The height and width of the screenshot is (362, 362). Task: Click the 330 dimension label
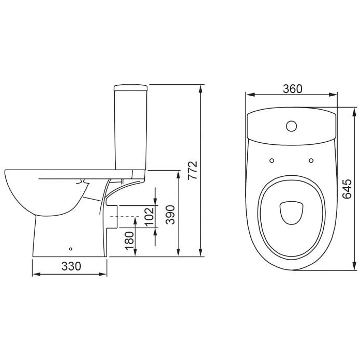(x=71, y=266)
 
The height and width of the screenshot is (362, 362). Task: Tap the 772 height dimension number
(x=192, y=170)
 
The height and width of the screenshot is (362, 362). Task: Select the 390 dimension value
(x=171, y=215)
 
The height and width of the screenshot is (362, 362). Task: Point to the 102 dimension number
(x=149, y=216)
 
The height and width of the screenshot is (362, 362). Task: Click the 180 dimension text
(x=129, y=241)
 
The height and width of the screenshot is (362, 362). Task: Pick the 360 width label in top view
(x=293, y=89)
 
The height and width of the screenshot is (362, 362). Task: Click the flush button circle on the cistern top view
(x=291, y=126)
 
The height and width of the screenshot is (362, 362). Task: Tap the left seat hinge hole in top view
(x=271, y=160)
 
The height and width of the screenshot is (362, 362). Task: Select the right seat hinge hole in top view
(x=311, y=160)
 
